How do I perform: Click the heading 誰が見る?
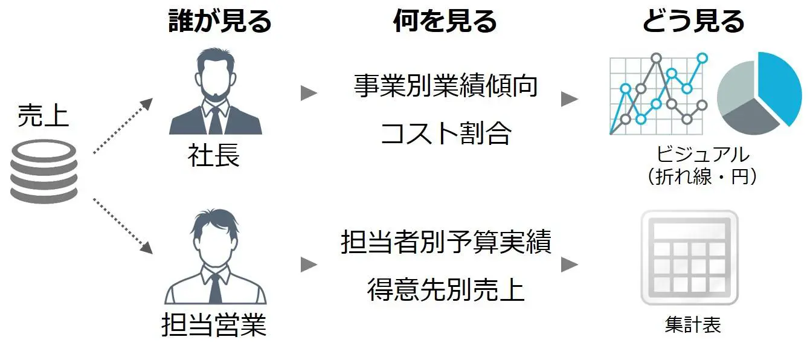220,22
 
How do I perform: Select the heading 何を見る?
445,22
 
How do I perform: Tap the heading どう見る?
693,22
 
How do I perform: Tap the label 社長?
214,156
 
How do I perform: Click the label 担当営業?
214,326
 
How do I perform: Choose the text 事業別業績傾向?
446,86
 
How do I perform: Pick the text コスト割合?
446,133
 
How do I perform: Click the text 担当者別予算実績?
446,242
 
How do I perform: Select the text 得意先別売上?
446,289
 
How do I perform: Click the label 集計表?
693,325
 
